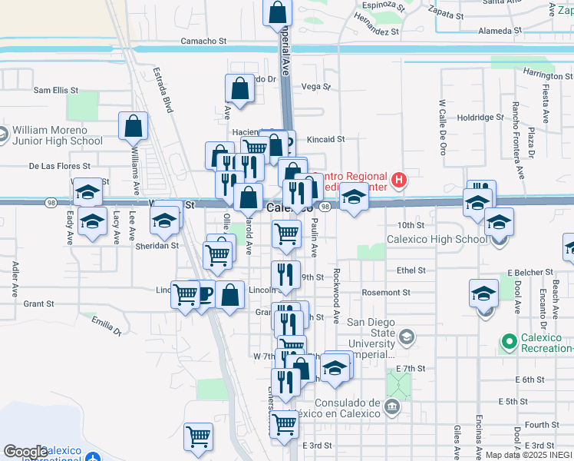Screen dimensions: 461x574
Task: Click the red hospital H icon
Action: coord(398,181)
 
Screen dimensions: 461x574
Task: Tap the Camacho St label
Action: coord(203,41)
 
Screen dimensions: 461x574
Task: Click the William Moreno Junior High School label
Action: coord(57,135)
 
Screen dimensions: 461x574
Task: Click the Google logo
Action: coord(25,452)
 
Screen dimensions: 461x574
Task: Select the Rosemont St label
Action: coord(386,293)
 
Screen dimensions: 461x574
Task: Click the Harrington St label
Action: coord(543,75)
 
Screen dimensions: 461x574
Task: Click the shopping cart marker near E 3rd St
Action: coord(285,423)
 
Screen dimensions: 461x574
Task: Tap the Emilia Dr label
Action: coord(107,326)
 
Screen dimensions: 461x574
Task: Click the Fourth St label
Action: coord(543,424)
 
